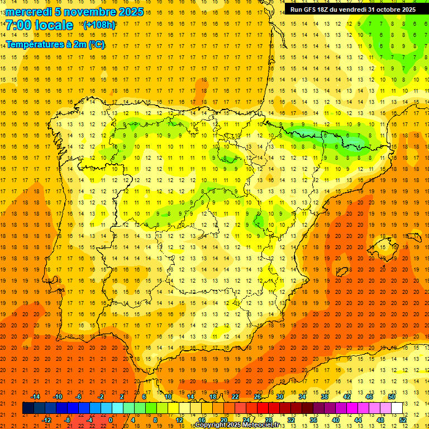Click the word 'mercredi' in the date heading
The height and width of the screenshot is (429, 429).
[x=29, y=12]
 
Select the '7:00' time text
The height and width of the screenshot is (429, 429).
[x=17, y=25]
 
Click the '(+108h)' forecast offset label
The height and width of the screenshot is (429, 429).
[x=99, y=25]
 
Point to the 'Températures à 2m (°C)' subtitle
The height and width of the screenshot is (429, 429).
[x=55, y=44]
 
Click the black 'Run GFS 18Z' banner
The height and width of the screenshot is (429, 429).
[x=352, y=9]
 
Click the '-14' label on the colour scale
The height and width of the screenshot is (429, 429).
[x=35, y=396]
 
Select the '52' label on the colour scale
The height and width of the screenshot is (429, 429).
[x=403, y=420]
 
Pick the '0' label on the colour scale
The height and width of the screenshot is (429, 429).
[x=111, y=420]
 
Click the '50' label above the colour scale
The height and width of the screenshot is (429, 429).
[x=391, y=396]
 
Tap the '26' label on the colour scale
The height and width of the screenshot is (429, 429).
[x=258, y=396]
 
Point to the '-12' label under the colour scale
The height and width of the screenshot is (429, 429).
[x=46, y=420]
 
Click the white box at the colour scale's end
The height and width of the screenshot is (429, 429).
[x=397, y=408]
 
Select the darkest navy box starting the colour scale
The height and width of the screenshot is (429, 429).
[x=28, y=408]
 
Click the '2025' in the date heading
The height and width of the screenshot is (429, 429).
[x=130, y=12]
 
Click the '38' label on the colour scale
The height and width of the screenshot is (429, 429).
[x=324, y=396]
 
